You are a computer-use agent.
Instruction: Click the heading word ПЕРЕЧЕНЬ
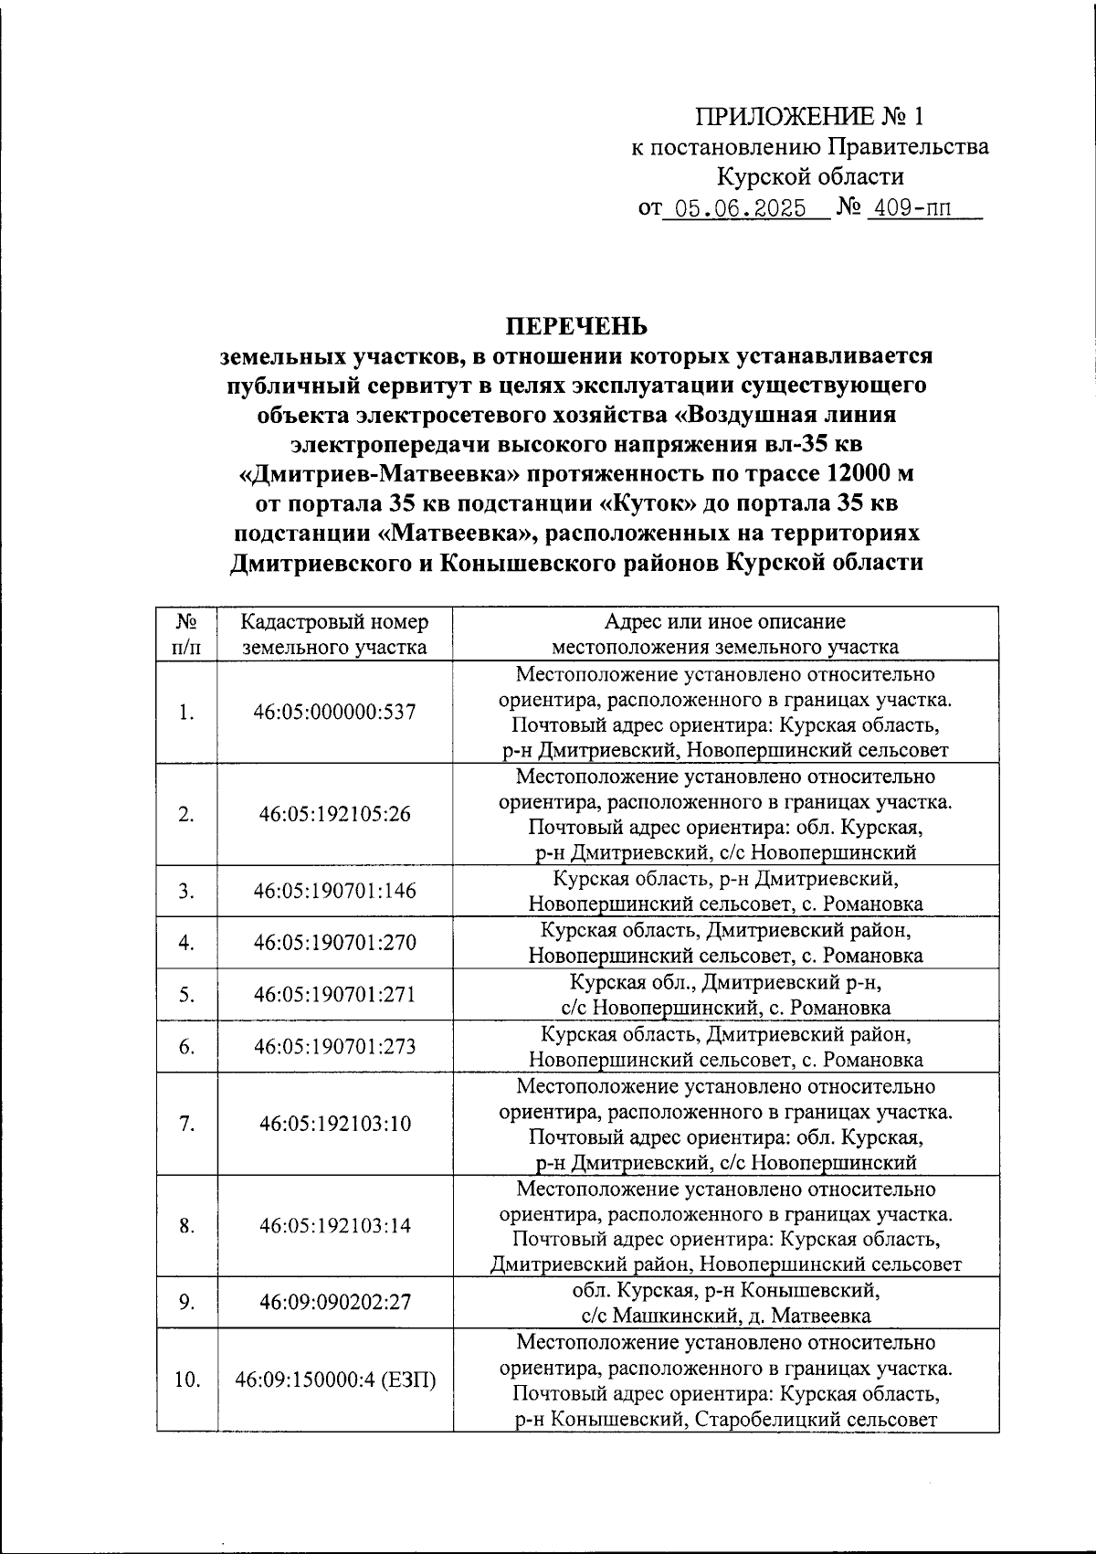(576, 326)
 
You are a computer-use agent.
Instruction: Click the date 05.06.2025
(733, 209)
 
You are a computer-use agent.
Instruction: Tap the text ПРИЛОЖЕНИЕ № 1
(809, 117)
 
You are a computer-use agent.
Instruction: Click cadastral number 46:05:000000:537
(334, 712)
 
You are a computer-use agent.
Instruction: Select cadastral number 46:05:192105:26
(334, 814)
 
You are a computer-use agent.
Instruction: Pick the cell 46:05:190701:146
(334, 891)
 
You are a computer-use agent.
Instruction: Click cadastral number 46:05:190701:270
(334, 943)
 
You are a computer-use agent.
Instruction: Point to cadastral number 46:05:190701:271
(334, 995)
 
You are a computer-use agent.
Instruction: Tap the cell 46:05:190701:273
(334, 1047)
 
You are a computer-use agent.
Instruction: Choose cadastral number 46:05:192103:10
(334, 1124)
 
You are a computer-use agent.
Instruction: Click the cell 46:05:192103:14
(334, 1226)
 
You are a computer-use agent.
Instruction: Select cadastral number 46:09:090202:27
(334, 1302)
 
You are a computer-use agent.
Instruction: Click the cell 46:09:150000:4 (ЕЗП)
(334, 1380)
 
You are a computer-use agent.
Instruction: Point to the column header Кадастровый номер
(334, 622)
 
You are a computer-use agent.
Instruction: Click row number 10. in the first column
(186, 1380)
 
